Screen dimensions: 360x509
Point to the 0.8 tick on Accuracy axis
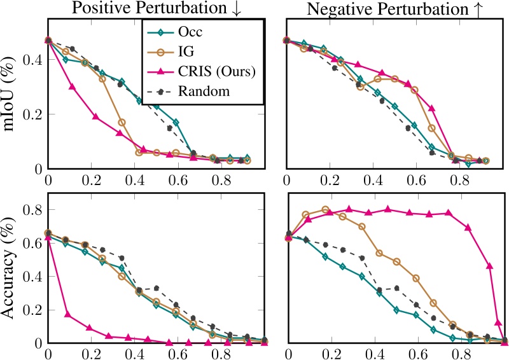(x=31, y=210)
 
